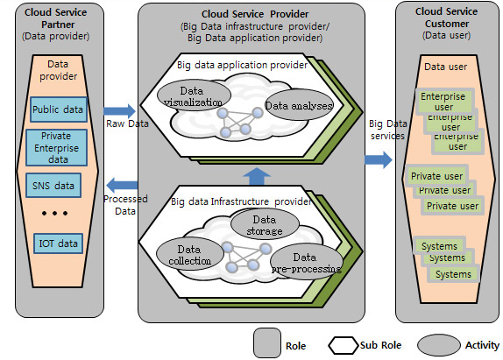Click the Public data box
pos(59,109)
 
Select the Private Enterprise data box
pos(56,147)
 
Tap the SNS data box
pos(53,186)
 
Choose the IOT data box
pos(59,244)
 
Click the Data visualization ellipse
pos(194,95)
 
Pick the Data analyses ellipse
pos(299,105)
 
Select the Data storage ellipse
pos(265,224)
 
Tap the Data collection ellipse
pos(190,254)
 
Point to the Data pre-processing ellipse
pos(307,262)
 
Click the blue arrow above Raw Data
pos(119,111)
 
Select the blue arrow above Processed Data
pos(122,185)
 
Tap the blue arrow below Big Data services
pos(379,159)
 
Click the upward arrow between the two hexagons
pos(257,176)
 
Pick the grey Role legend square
pos(267,342)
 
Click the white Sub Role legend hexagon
pos(344,345)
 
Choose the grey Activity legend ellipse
pos(438,345)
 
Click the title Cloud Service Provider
pos(255,14)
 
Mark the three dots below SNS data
pos(55,213)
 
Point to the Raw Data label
pos(127,124)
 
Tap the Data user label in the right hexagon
pos(445,67)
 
